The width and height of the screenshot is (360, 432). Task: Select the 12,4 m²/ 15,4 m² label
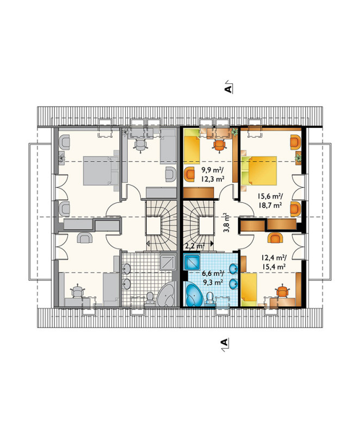click(274, 262)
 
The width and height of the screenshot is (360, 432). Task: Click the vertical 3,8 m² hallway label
click(227, 223)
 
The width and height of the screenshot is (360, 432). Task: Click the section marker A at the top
click(228, 88)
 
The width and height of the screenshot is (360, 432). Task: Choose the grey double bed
click(101, 170)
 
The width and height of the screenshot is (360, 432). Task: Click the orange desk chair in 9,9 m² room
click(219, 145)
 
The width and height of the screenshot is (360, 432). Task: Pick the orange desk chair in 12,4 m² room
click(282, 291)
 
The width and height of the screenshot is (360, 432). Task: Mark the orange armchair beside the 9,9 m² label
click(190, 174)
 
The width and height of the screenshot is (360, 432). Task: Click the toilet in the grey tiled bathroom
click(150, 298)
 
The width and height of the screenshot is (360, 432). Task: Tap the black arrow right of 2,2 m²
click(212, 243)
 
